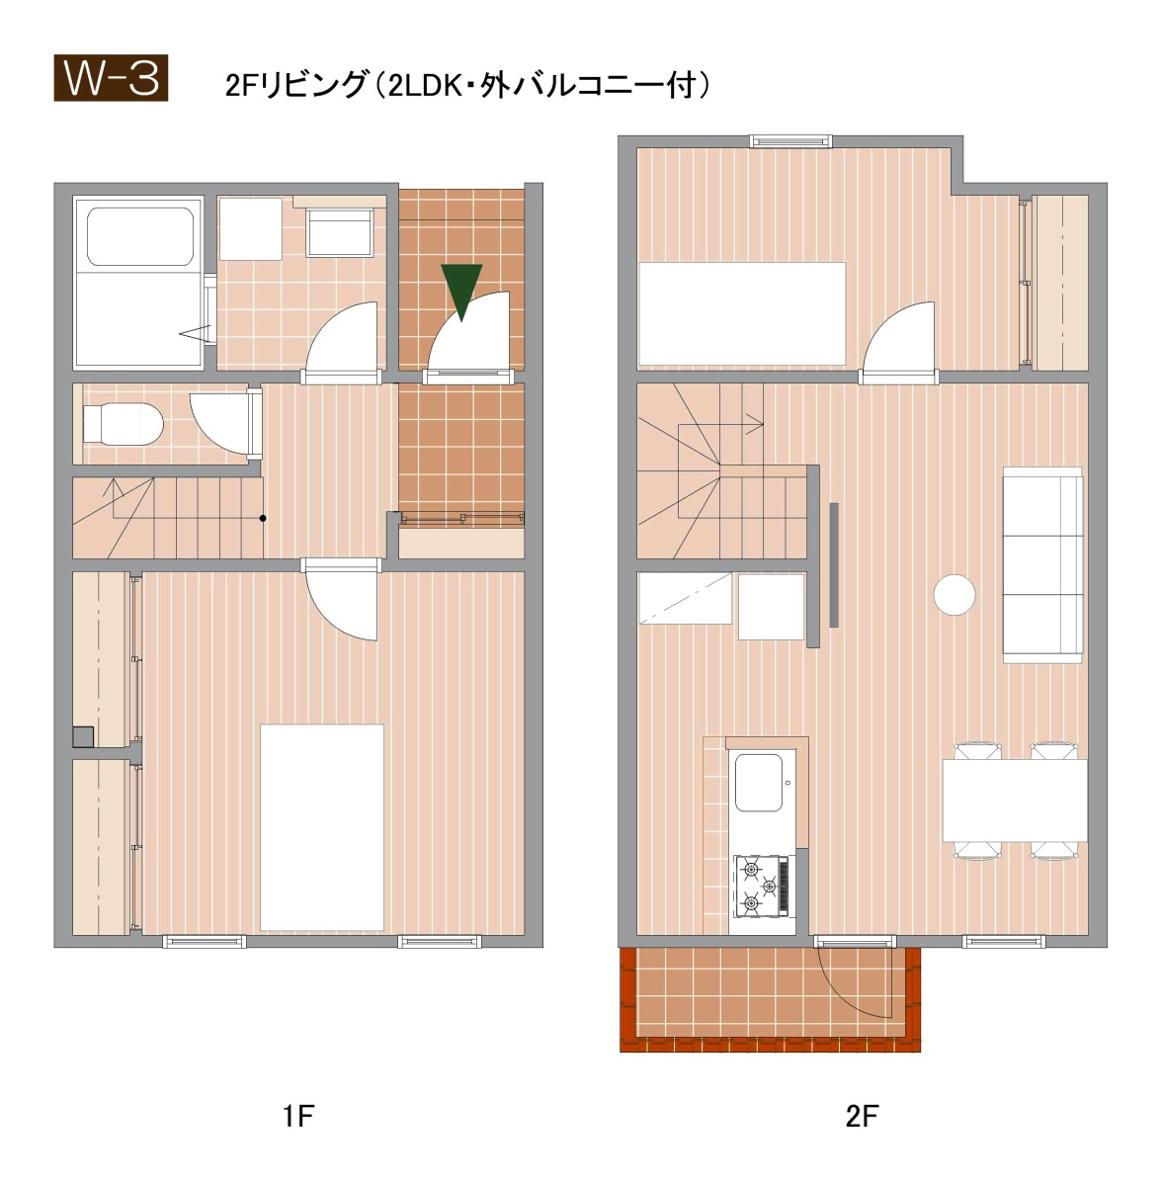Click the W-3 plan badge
[x=111, y=78]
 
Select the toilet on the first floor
[x=123, y=423]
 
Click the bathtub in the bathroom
[x=140, y=236]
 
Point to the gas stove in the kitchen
[x=762, y=886]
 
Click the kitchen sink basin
[x=759, y=783]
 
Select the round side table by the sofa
[x=954, y=595]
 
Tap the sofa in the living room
[x=1042, y=564]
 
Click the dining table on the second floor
[x=1015, y=801]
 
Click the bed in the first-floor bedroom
[x=322, y=828]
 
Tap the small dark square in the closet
[x=83, y=736]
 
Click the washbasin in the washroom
[x=340, y=232]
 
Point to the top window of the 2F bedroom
[x=790, y=141]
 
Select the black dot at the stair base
[x=263, y=518]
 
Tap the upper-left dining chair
[x=977, y=751]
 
